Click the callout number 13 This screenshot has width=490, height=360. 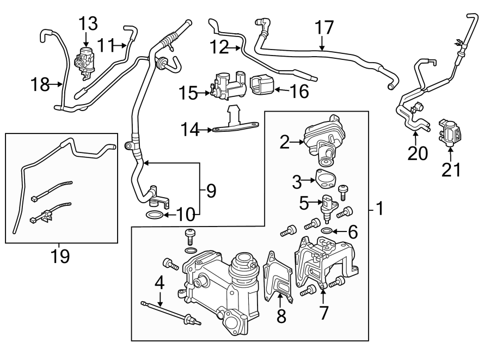pyautogui.click(x=88, y=24)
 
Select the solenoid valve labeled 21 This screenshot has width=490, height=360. pyautogui.click(x=450, y=131)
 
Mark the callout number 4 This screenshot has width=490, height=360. pyautogui.click(x=160, y=282)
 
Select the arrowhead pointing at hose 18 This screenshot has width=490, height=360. pyautogui.click(x=60, y=84)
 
